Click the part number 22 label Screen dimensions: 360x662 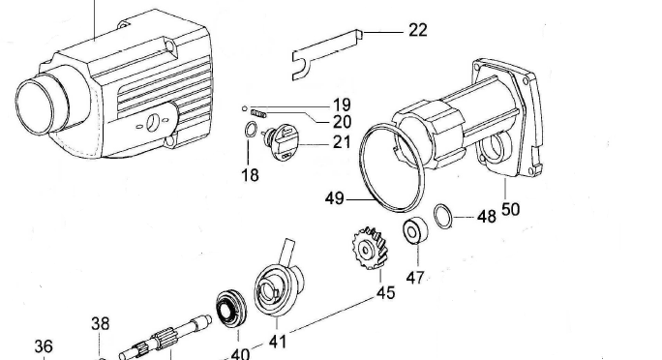pyautogui.click(x=417, y=30)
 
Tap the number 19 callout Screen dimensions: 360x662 pyautogui.click(x=342, y=105)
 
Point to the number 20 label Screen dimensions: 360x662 pyautogui.click(x=342, y=122)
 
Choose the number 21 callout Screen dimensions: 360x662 pyautogui.click(x=342, y=142)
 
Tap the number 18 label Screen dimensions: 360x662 pyautogui.click(x=250, y=175)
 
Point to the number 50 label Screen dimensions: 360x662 pyautogui.click(x=510, y=208)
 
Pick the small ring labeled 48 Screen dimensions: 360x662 pyautogui.click(x=443, y=214)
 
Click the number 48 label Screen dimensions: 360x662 pyautogui.click(x=486, y=217)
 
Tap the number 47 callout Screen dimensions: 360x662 pyautogui.click(x=415, y=278)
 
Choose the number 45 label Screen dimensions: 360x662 pyautogui.click(x=385, y=293)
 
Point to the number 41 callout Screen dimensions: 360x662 pyautogui.click(x=278, y=341)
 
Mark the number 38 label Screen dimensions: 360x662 pyautogui.click(x=100, y=324)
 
